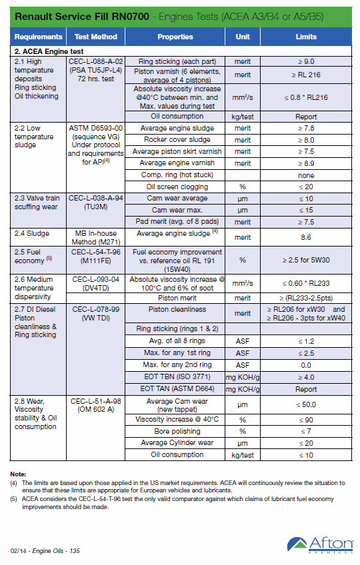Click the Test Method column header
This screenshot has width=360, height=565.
(95, 37)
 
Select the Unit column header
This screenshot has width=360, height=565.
(243, 37)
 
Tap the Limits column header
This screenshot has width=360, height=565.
(306, 37)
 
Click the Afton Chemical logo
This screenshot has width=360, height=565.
(320, 545)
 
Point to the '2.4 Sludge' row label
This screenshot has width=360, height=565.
(32, 233)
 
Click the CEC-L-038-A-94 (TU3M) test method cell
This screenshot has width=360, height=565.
(95, 203)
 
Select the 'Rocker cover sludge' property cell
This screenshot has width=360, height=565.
(177, 140)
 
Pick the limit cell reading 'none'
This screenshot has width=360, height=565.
(306, 175)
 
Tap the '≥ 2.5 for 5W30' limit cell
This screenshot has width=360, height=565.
(306, 260)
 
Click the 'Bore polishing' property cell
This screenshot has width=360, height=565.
(177, 431)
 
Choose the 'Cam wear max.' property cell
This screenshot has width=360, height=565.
(177, 210)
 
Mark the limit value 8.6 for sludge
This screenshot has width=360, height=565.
(306, 237)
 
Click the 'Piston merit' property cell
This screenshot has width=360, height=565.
(177, 298)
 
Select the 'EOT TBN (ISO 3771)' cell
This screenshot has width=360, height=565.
(177, 377)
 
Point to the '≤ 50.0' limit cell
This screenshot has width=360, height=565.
(306, 404)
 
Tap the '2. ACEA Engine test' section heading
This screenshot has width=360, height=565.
(49, 51)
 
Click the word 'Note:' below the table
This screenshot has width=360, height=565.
(18, 474)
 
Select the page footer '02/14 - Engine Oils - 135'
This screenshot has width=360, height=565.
(45, 550)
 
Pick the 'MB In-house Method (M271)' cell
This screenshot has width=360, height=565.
(95, 238)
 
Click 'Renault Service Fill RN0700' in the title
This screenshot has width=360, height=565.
(82, 17)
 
